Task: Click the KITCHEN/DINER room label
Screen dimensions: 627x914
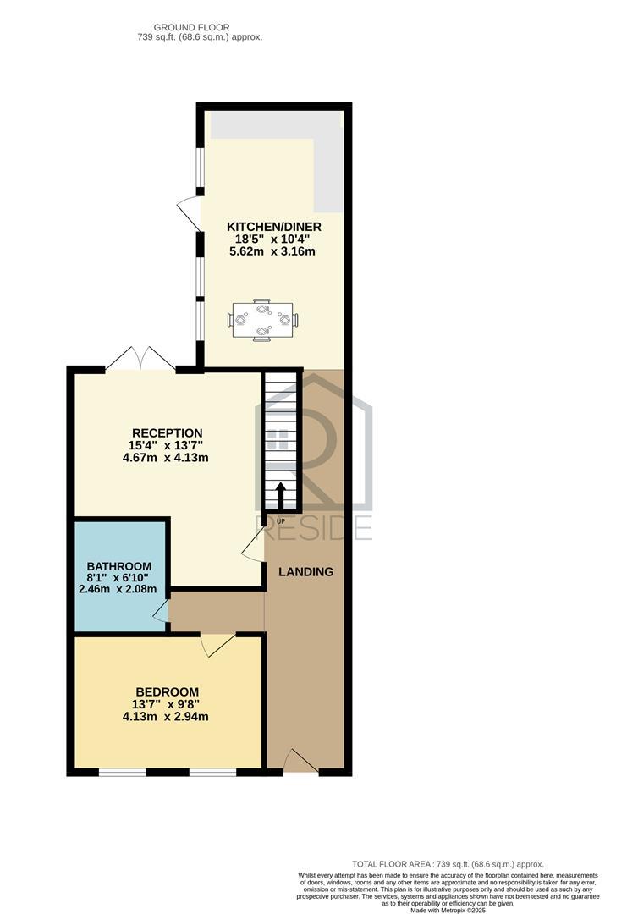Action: [x=274, y=227]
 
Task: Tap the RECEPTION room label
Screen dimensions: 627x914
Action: [x=168, y=433]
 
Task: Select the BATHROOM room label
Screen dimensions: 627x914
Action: [x=118, y=566]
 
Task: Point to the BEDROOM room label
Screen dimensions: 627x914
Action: [x=168, y=692]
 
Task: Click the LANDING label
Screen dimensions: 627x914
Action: [x=306, y=572]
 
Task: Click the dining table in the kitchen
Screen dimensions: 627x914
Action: [x=263, y=319]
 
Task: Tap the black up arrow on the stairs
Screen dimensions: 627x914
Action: [x=280, y=495]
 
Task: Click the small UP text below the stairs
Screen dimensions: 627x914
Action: [x=281, y=520]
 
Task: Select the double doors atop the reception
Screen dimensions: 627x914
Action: [x=140, y=358]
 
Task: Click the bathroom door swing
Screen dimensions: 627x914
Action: [x=162, y=609]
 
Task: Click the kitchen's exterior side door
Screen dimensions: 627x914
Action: [x=190, y=213]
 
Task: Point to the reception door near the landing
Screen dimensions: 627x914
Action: [x=254, y=546]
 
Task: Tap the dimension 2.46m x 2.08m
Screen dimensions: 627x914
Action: [x=118, y=589]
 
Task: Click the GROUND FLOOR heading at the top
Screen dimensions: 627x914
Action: [x=192, y=27]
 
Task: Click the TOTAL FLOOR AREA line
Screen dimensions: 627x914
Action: [x=448, y=864]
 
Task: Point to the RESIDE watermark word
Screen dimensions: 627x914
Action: [x=313, y=528]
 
